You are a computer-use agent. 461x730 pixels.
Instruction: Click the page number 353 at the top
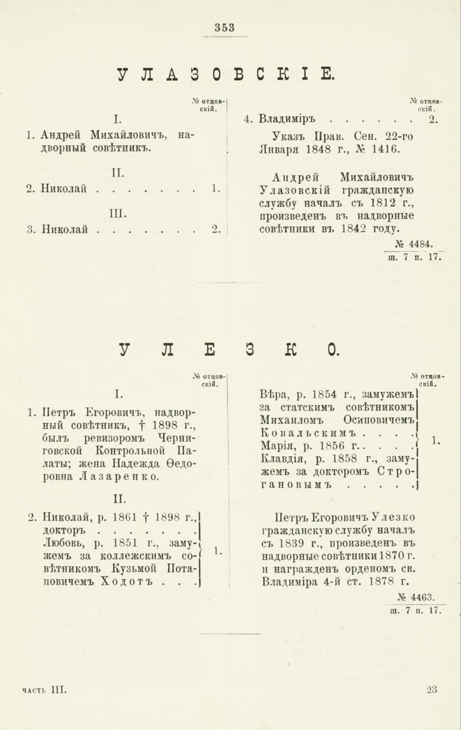[225, 27]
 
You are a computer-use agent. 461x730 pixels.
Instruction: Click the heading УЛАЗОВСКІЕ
[225, 74]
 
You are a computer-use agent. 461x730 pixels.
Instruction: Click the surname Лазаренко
[126, 477]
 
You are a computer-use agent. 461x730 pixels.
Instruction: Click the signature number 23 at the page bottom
[432, 689]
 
